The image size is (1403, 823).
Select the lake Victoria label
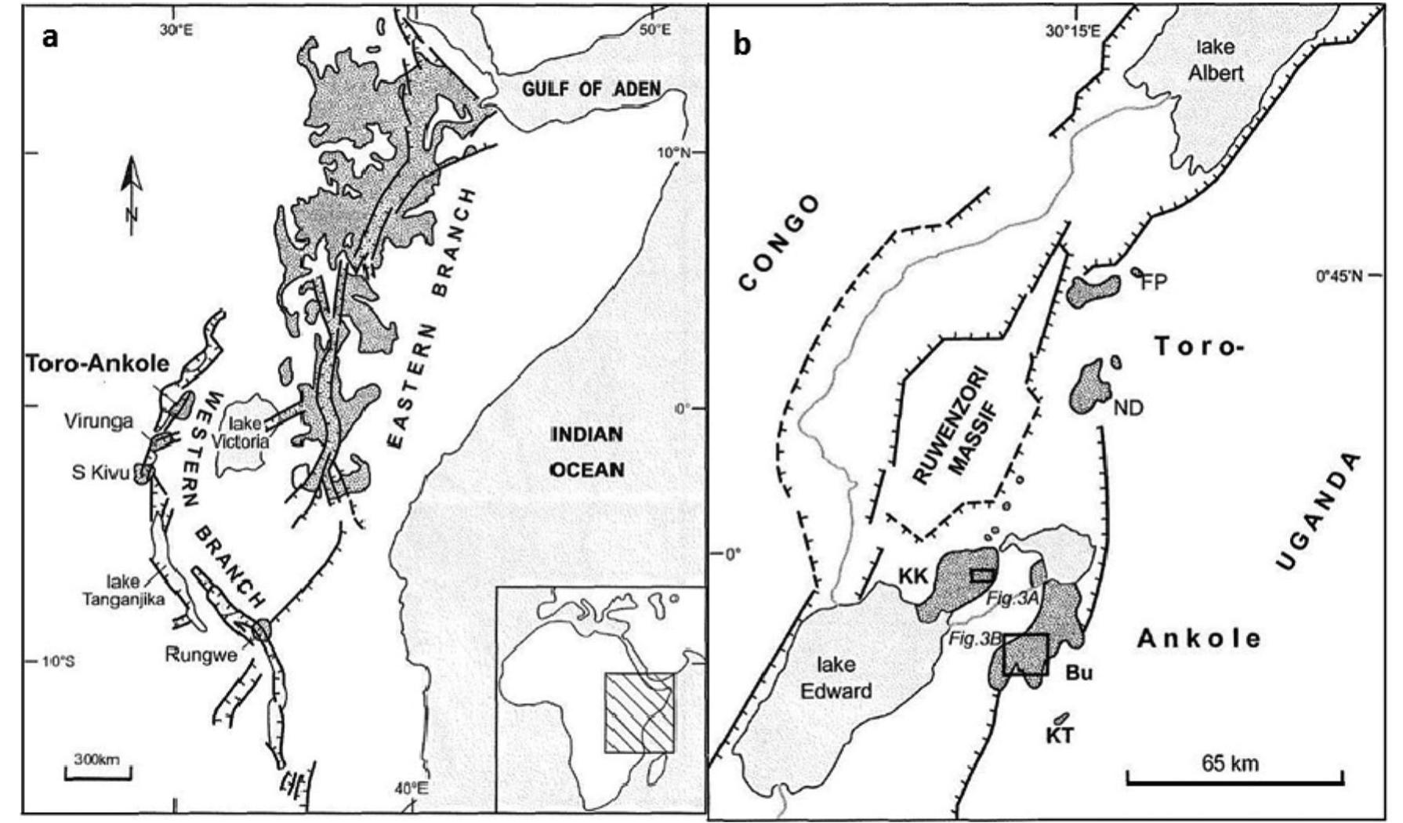[249, 433]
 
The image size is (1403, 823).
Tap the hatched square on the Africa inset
[639, 712]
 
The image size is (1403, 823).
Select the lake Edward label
[843, 678]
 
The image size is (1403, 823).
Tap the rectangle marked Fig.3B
[1025, 654]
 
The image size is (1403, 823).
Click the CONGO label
[779, 243]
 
